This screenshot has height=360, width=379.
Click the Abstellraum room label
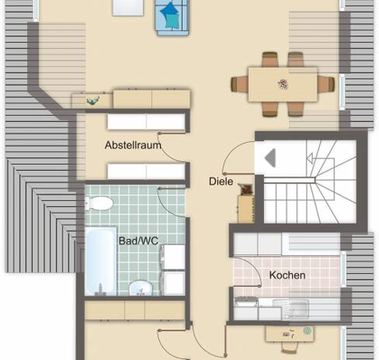click(133, 145)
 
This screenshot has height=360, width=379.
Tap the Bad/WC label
click(139, 241)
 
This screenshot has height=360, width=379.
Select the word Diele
click(221, 181)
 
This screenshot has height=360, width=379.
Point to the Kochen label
click(287, 275)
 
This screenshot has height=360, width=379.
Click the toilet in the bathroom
click(99, 203)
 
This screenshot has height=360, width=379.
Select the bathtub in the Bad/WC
click(101, 261)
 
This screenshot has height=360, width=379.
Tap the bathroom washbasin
click(140, 288)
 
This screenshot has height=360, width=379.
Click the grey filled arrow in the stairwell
click(270, 158)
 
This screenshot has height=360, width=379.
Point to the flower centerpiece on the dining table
click(283, 85)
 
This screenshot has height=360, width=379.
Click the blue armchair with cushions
click(172, 17)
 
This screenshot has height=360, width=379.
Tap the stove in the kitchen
click(246, 302)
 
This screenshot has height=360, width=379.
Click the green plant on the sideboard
click(93, 101)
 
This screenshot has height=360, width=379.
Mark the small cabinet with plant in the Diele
click(246, 209)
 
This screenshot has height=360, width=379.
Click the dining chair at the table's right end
click(327, 85)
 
